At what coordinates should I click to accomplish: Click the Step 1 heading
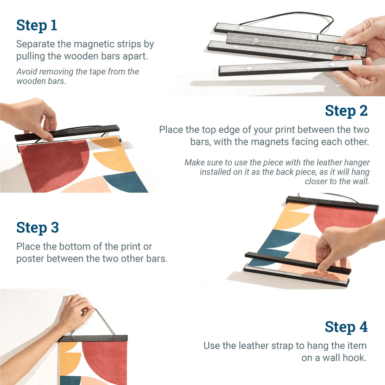point(37,25)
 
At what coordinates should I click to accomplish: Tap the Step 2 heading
point(346,111)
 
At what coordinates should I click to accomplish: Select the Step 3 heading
point(38,228)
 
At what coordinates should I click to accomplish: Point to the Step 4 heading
point(346,327)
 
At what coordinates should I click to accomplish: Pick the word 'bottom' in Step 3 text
point(67,247)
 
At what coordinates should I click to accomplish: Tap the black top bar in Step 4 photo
point(93,338)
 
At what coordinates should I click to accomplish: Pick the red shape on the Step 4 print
point(103,359)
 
